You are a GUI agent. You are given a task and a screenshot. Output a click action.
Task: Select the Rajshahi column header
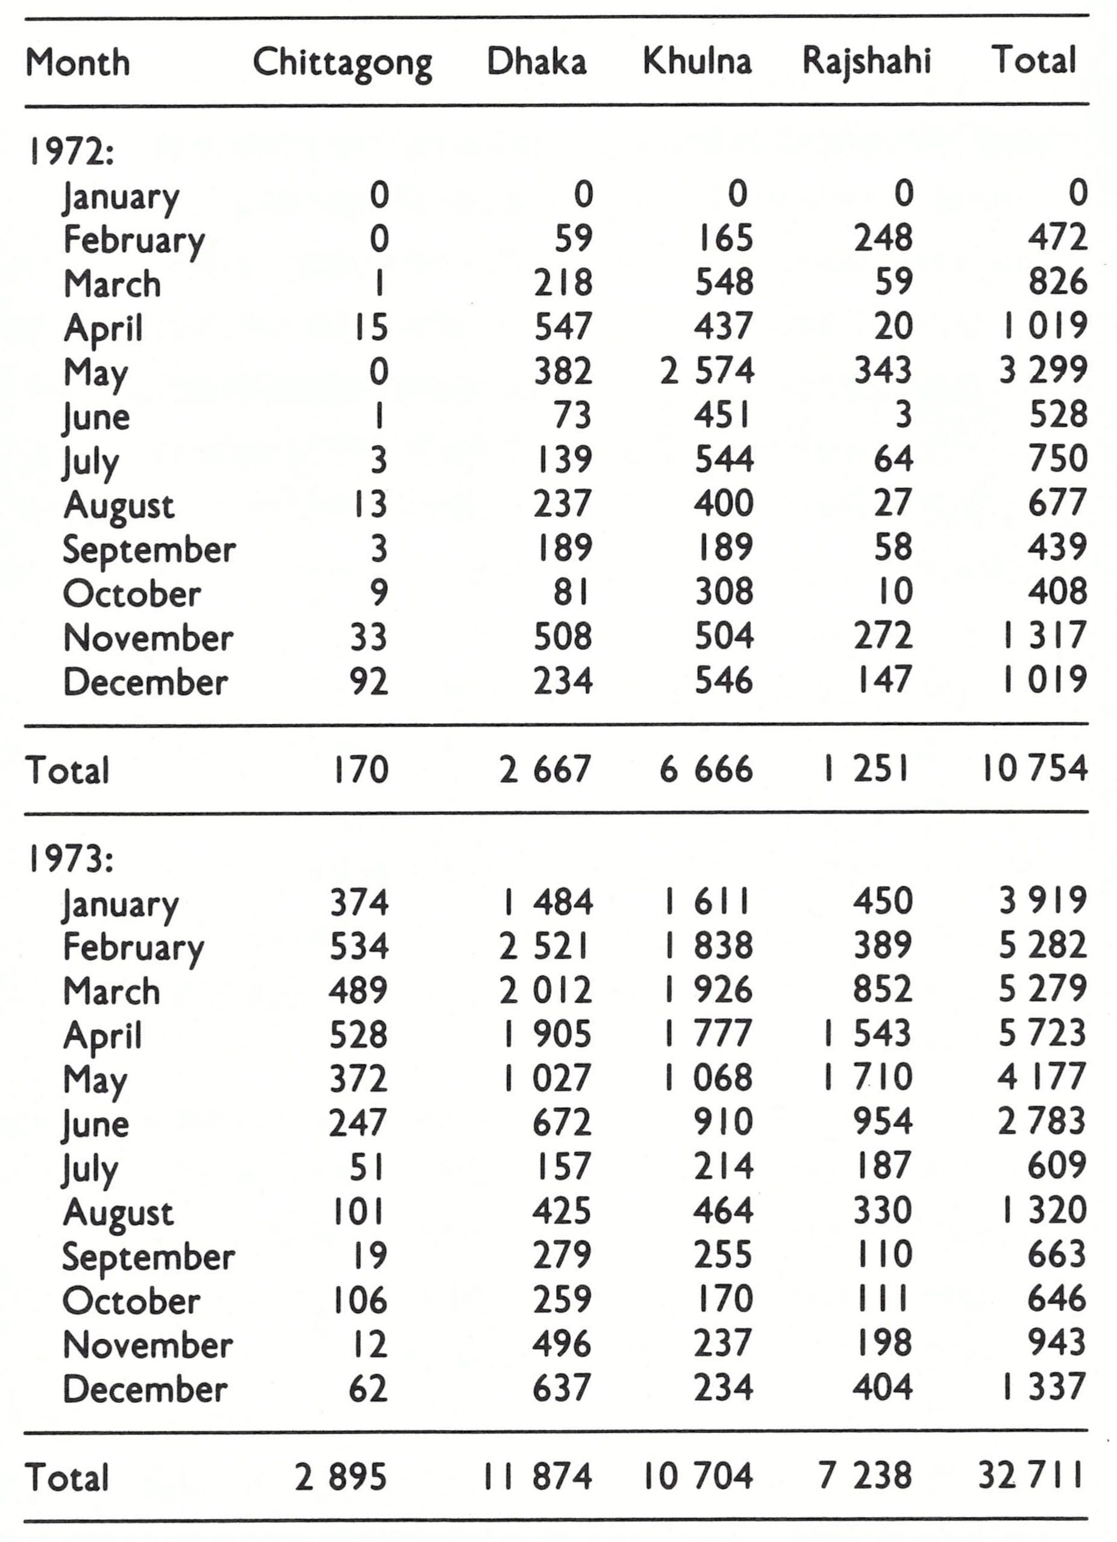pyautogui.click(x=866, y=61)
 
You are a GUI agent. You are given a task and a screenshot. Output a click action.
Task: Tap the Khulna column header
pyautogui.click(x=697, y=61)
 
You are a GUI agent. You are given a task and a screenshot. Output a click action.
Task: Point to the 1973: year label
pyautogui.click(x=69, y=860)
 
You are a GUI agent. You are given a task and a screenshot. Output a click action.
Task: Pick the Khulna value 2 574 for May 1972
pyautogui.click(x=707, y=371)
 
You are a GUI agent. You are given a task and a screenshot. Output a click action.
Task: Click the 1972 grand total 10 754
pyautogui.click(x=1034, y=769)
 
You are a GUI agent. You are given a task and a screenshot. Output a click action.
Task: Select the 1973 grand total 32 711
pyautogui.click(x=1031, y=1476)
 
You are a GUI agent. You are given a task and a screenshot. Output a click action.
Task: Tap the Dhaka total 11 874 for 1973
pyautogui.click(x=538, y=1477)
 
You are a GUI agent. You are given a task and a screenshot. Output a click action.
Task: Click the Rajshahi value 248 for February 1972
pyautogui.click(x=883, y=239)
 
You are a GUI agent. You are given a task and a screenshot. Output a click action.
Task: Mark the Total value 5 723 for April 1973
pyautogui.click(x=1042, y=1034)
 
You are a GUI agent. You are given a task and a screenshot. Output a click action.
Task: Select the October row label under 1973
pyautogui.click(x=131, y=1301)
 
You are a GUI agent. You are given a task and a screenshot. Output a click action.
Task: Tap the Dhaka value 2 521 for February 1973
pyautogui.click(x=545, y=946)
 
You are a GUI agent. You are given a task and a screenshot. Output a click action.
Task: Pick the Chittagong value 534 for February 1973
pyautogui.click(x=358, y=946)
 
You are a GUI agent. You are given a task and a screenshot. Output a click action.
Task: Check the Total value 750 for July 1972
pyautogui.click(x=1057, y=459)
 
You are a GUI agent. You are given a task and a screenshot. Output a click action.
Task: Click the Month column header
pyautogui.click(x=78, y=63)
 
